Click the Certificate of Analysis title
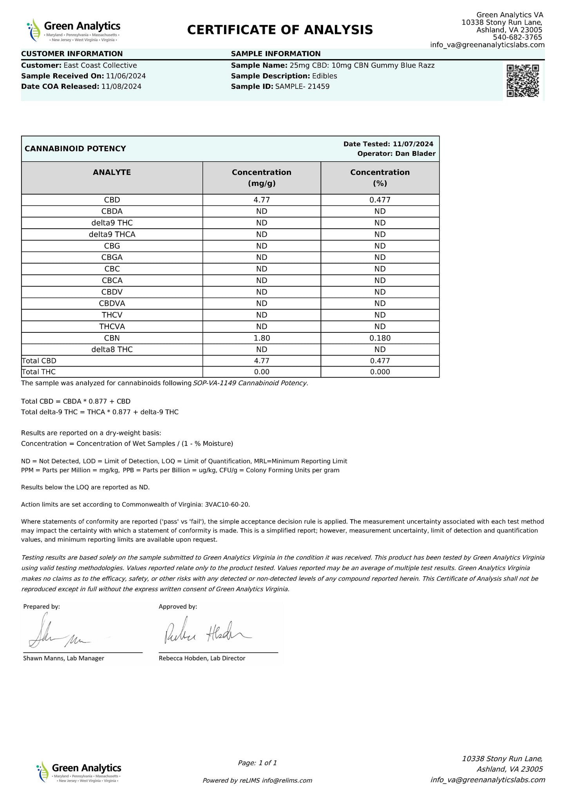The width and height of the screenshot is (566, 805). pos(280,30)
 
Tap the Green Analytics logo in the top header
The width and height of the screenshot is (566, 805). pos(74,30)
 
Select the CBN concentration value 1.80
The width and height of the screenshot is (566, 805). pos(262,338)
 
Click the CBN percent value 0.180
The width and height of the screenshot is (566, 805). pos(380,338)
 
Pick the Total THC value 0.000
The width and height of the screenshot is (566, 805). pos(380,372)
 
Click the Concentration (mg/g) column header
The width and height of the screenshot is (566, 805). pos(262,178)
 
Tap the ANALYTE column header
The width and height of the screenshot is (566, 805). pos(112,172)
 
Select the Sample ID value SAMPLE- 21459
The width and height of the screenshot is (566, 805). pos(302,87)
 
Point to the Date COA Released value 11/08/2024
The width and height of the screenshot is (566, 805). pos(121,87)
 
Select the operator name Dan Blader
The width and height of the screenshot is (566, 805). pos(415,154)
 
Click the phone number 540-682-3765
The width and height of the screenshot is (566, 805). pos(517,38)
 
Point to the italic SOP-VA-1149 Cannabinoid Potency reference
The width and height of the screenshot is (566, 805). pos(251,383)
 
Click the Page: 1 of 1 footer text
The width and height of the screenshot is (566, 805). pos(257,763)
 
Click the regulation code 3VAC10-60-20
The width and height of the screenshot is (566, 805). pos(227,504)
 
